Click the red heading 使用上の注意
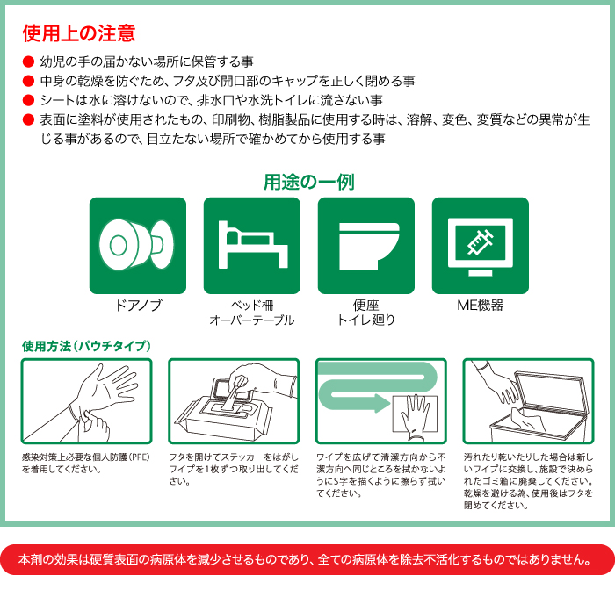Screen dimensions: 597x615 79,33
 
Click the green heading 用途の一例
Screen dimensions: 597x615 308,182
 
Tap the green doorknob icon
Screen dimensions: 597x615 138,245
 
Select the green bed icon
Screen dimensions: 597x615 252,245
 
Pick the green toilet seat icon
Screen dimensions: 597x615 365,245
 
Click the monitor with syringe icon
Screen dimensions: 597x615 480,245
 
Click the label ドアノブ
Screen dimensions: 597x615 138,306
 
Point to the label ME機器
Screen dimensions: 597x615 480,306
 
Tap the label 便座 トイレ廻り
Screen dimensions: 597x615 365,313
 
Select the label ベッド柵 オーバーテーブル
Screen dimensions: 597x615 252,313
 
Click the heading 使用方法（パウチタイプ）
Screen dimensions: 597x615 87,346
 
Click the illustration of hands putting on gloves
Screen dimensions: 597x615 87,400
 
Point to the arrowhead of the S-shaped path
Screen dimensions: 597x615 380,405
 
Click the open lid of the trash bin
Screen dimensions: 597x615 549,386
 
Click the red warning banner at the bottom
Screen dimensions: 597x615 307,558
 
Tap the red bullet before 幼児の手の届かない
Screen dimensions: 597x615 28,62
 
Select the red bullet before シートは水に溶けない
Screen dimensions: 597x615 28,100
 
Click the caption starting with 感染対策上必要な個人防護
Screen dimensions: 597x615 87,463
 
